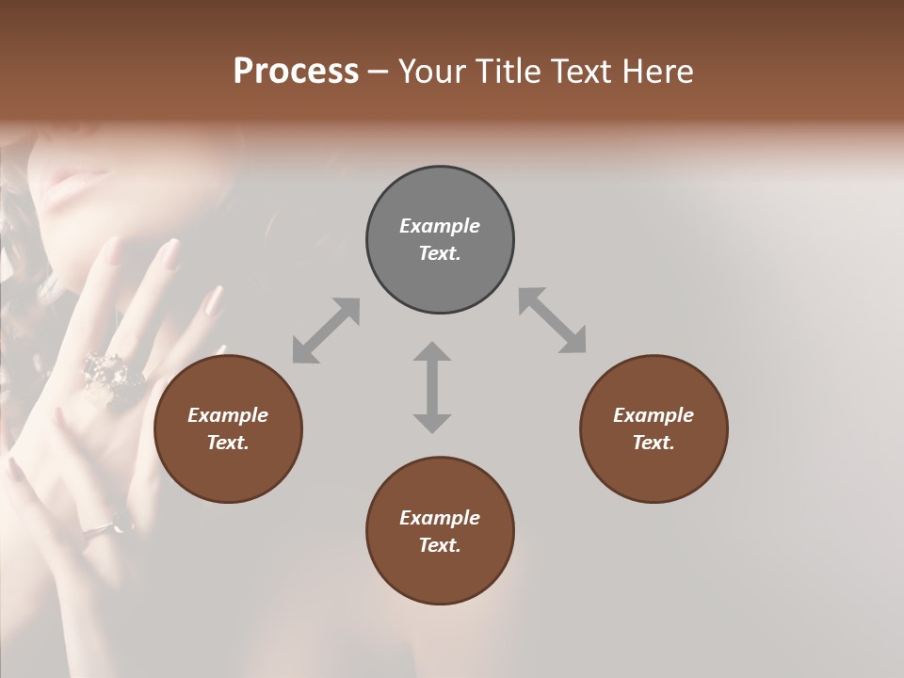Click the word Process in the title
(x=296, y=72)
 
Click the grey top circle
(x=440, y=239)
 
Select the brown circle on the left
(x=228, y=428)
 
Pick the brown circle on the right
(x=654, y=428)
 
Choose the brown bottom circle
(x=440, y=531)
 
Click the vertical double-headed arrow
(x=432, y=387)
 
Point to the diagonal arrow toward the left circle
(x=326, y=331)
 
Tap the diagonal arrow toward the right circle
(x=553, y=320)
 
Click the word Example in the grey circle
(x=440, y=226)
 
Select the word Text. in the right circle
(x=654, y=443)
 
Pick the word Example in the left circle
(x=228, y=415)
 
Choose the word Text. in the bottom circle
(x=440, y=545)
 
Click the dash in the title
(x=378, y=73)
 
